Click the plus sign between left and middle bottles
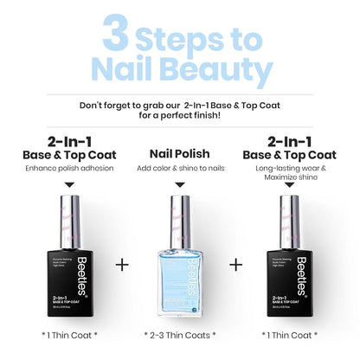pos(123,264)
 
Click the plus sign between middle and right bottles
pos(235,264)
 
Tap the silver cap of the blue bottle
pos(179,216)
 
